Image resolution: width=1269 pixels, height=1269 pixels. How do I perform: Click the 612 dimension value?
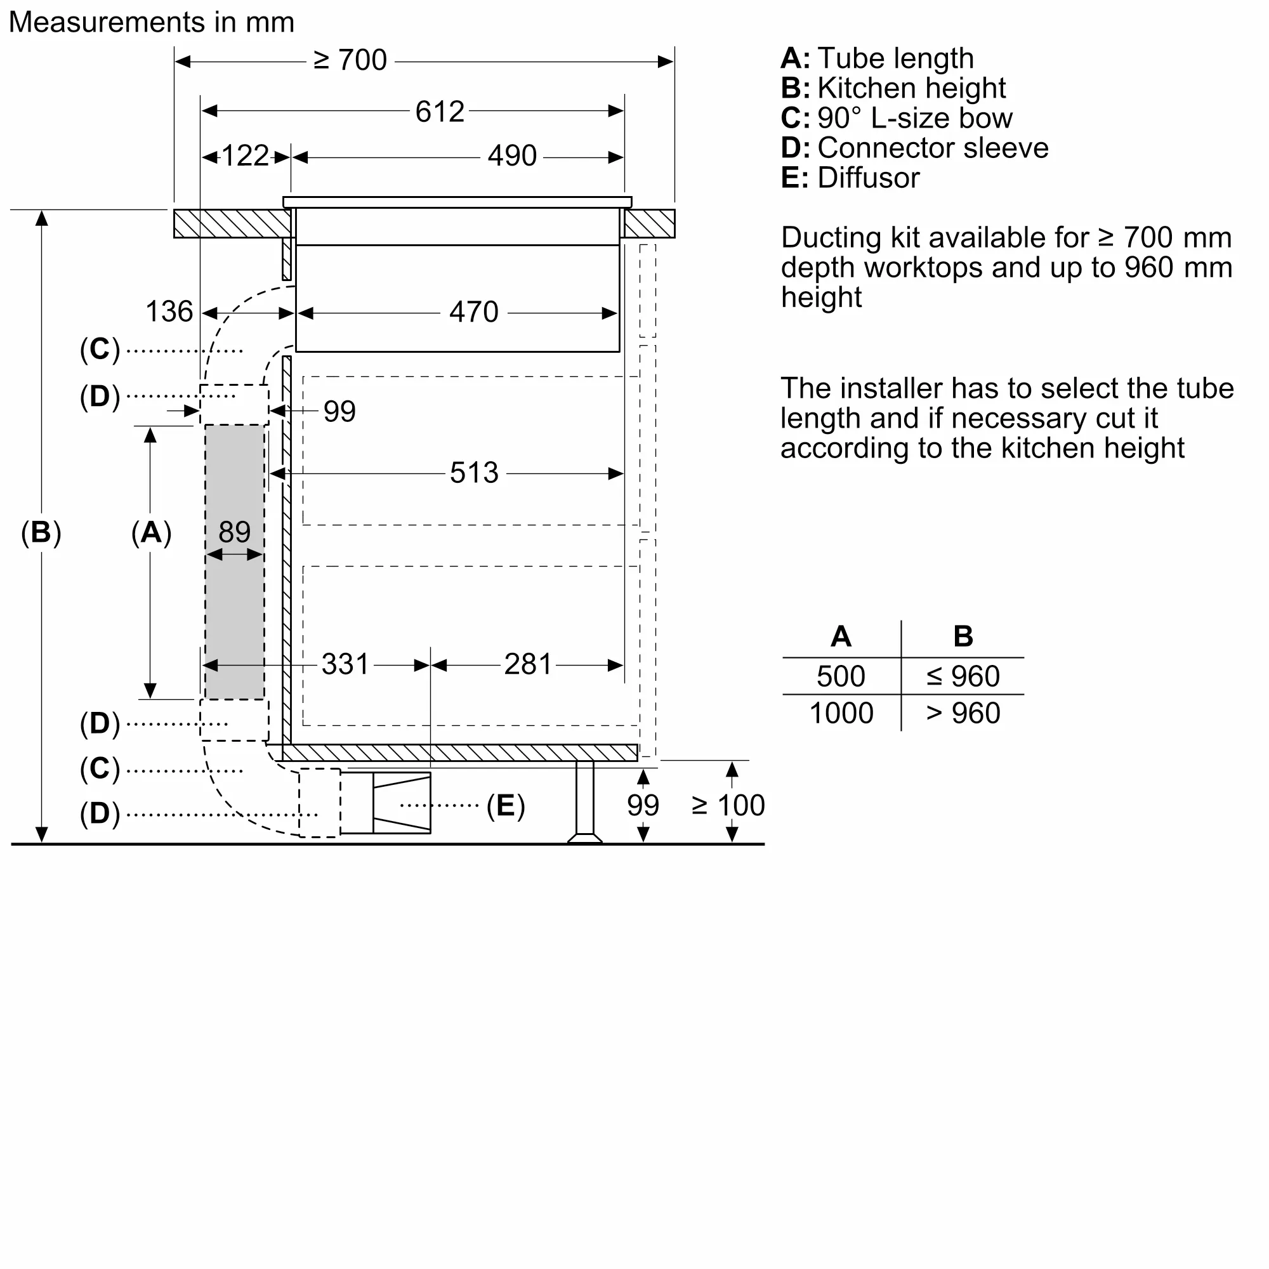[x=440, y=112]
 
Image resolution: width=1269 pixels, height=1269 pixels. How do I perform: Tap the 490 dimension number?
[x=511, y=156]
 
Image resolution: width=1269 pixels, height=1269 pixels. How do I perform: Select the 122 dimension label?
[x=244, y=156]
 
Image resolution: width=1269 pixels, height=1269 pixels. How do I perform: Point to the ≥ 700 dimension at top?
[x=350, y=60]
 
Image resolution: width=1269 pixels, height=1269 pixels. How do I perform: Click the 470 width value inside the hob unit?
[x=473, y=312]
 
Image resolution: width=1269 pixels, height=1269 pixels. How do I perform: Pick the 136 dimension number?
[x=169, y=312]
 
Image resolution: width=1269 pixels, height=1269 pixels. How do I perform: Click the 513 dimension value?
[x=473, y=473]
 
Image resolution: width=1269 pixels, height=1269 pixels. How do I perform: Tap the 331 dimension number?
[x=346, y=664]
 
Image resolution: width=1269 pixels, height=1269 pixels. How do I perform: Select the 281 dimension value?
[x=527, y=664]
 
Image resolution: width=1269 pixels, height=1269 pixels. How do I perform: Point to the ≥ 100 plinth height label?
[x=728, y=805]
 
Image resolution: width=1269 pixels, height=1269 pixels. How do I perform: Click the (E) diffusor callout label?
[x=505, y=806]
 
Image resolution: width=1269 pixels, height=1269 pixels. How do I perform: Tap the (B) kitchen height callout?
[x=41, y=532]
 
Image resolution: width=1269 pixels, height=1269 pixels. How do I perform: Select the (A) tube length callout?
[x=151, y=532]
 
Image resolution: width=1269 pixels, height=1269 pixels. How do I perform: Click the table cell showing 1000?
[x=841, y=713]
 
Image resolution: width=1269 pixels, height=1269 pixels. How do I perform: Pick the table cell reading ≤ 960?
[x=963, y=676]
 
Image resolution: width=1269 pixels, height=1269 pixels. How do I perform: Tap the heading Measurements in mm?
[x=151, y=22]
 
